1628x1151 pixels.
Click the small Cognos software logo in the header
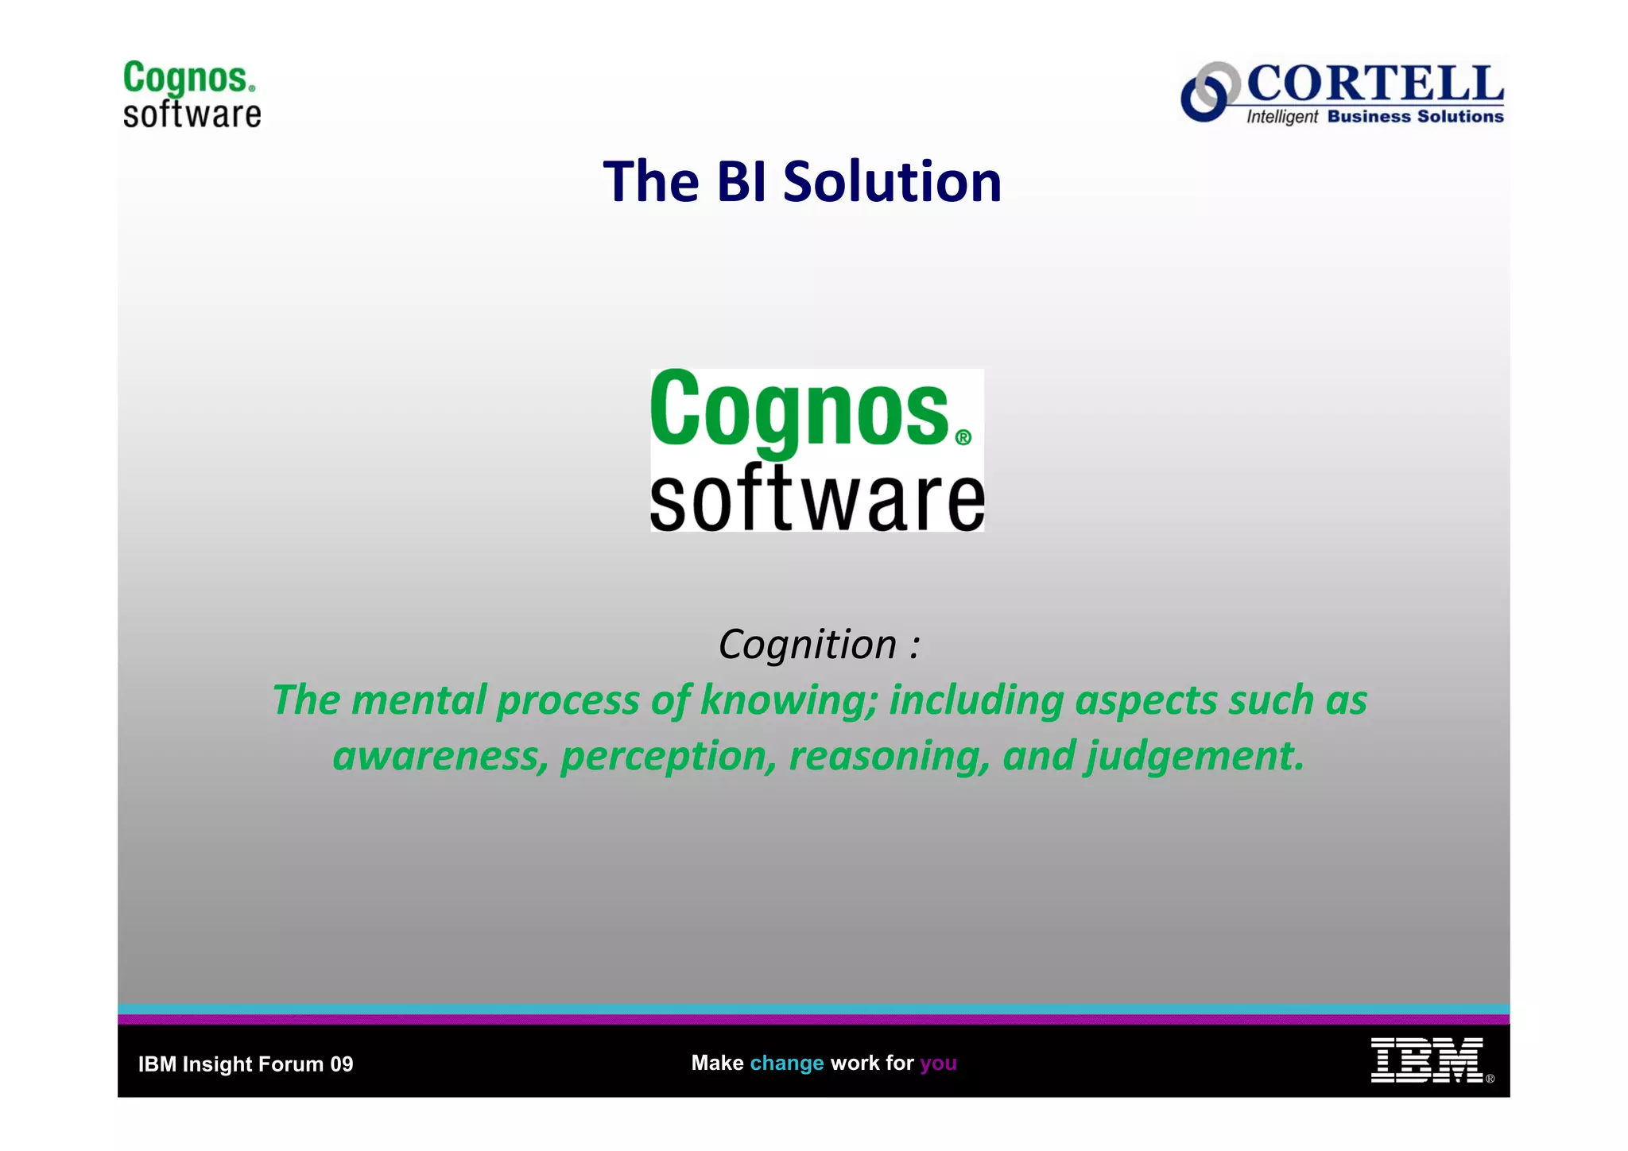(x=192, y=94)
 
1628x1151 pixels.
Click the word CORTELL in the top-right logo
(x=1374, y=84)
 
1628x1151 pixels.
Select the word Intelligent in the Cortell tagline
(x=1281, y=117)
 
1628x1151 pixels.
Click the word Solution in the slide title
(x=892, y=181)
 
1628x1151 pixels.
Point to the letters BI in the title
(x=741, y=181)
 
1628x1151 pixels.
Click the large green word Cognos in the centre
(x=799, y=411)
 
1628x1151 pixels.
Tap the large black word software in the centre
(x=816, y=499)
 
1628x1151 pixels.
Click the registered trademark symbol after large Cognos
(x=963, y=438)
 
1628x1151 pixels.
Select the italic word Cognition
(x=808, y=644)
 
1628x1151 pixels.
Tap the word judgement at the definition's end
(x=1194, y=756)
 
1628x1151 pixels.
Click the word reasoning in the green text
(x=889, y=756)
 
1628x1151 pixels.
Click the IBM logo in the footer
(x=1427, y=1060)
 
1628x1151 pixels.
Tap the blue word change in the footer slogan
(x=786, y=1064)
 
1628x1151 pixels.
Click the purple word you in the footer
(x=938, y=1064)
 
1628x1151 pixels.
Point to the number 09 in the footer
(x=341, y=1064)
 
